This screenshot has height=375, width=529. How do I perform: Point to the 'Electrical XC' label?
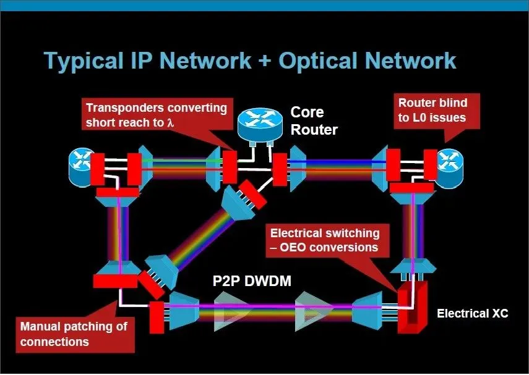coord(472,313)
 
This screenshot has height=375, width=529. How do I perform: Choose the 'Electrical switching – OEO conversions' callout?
coord(325,240)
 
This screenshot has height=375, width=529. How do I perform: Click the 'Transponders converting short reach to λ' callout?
coord(157,114)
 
